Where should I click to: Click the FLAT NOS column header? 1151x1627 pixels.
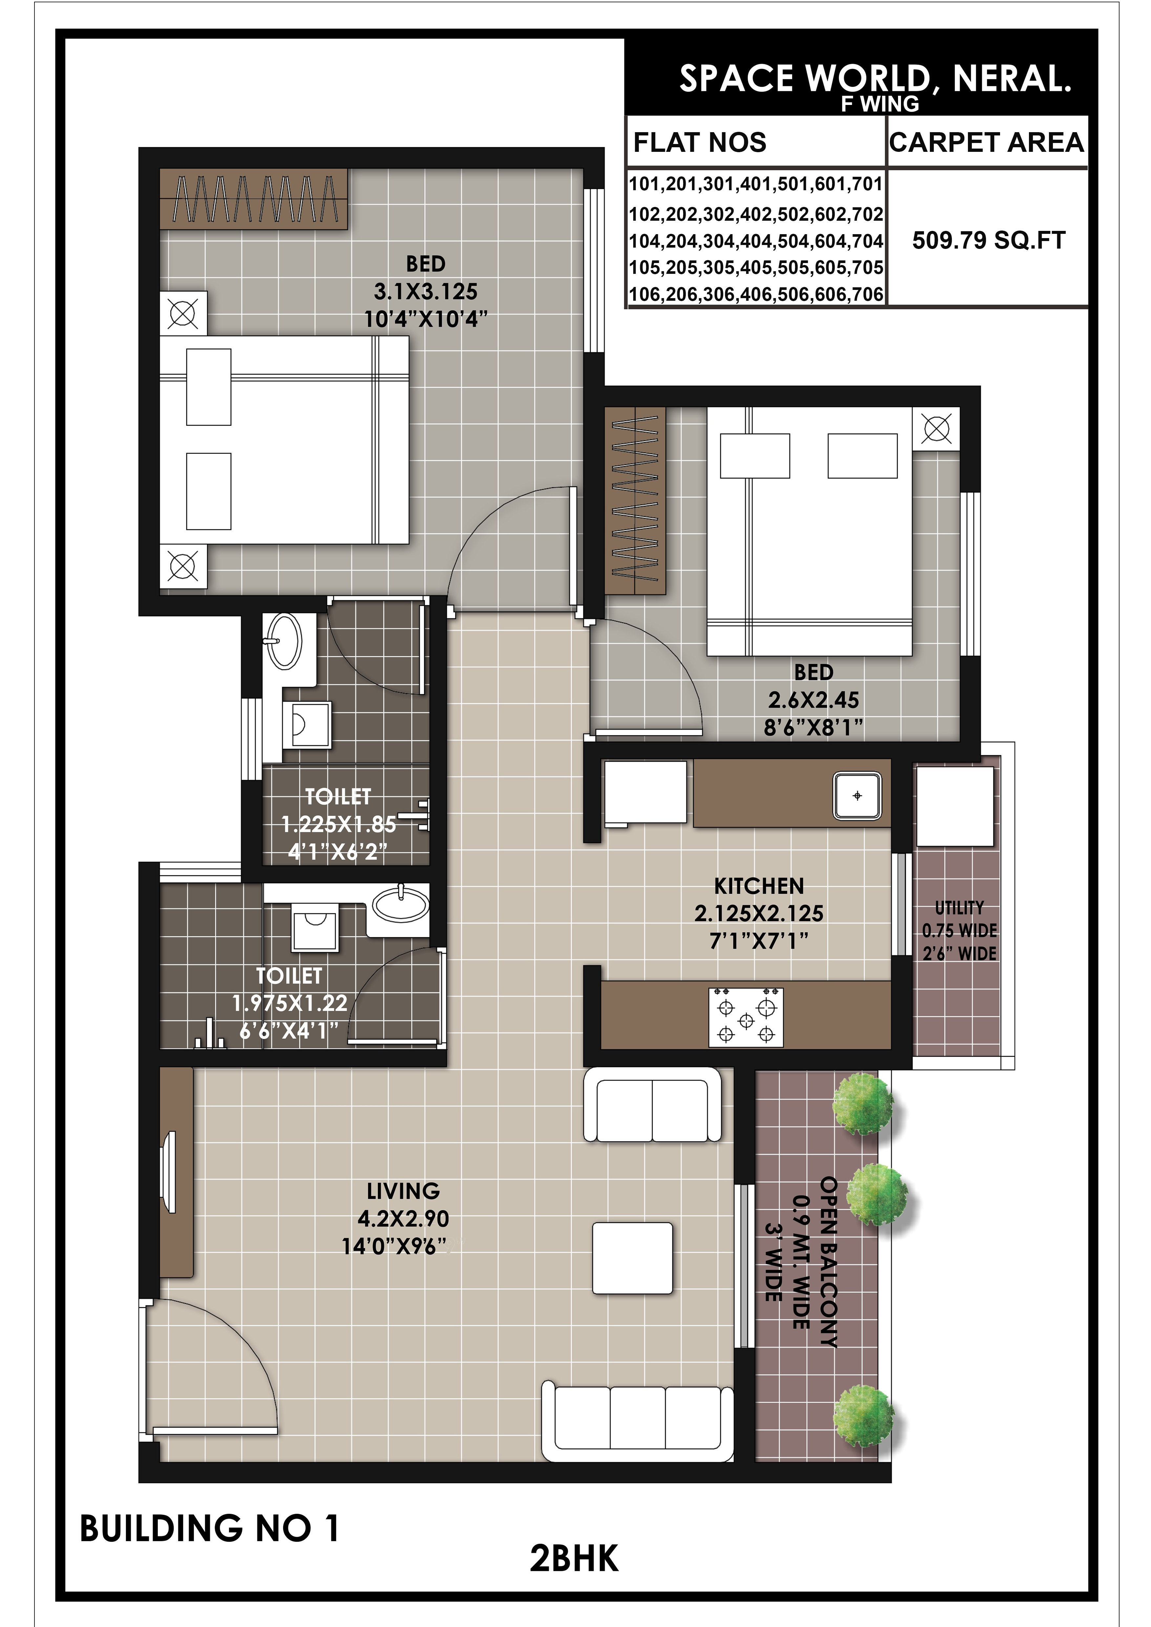(x=700, y=142)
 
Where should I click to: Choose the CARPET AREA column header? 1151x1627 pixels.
(x=987, y=142)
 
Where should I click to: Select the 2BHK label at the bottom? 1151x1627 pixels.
(x=574, y=1558)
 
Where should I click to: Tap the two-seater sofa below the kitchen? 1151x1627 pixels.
(x=653, y=1106)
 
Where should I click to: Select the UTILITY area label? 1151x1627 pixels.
(x=960, y=908)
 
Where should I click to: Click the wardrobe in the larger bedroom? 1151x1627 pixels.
(x=254, y=198)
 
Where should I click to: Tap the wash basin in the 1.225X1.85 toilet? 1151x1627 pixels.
(x=284, y=641)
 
